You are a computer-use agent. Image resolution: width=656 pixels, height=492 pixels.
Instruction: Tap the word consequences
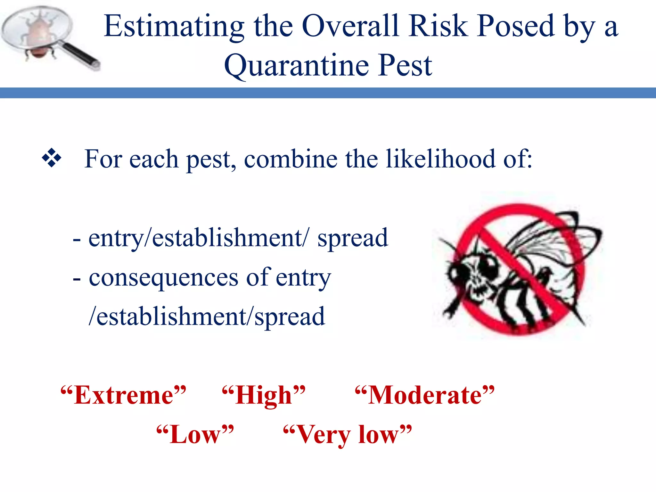coord(163,277)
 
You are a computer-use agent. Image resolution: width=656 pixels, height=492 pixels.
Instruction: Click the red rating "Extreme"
coord(123,395)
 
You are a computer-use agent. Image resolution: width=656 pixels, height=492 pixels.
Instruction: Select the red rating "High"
coord(264,395)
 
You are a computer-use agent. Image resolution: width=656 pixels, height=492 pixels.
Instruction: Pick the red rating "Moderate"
coord(425,395)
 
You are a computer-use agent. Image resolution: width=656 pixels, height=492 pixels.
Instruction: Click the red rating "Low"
coord(195,435)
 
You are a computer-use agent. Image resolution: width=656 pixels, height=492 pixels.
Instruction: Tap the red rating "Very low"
coord(347,435)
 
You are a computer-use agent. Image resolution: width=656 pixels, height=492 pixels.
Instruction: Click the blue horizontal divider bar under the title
coord(328,93)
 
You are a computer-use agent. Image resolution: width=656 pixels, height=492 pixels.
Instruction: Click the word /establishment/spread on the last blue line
coord(207,316)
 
